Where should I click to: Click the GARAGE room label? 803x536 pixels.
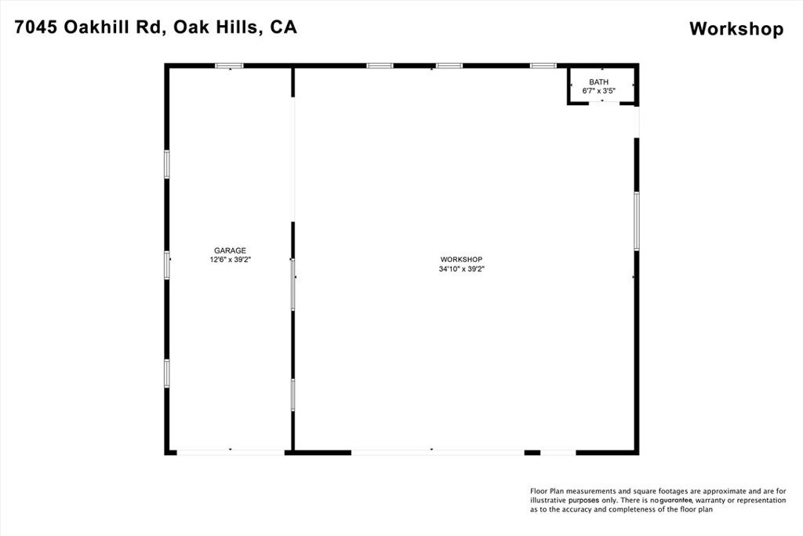(x=230, y=250)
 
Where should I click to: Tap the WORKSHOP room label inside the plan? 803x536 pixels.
(x=461, y=259)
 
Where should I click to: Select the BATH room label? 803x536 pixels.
(x=598, y=82)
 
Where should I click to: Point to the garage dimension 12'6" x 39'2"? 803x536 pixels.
(x=230, y=260)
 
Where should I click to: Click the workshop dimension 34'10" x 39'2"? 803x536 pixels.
(x=461, y=268)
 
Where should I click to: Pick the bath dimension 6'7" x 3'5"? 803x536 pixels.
(x=598, y=91)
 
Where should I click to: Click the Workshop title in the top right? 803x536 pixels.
(x=736, y=29)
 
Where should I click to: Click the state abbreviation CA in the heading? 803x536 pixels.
(x=283, y=27)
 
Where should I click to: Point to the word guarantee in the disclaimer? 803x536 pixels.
(x=675, y=500)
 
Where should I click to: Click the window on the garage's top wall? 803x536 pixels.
(x=229, y=66)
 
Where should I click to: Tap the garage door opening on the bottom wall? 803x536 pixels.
(x=230, y=452)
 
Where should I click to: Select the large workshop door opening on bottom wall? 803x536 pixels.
(x=437, y=452)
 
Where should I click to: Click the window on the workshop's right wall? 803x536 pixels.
(x=636, y=221)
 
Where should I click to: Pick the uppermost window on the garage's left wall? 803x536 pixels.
(x=167, y=164)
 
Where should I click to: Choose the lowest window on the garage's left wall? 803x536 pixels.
(x=167, y=373)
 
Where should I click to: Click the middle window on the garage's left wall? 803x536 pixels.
(x=167, y=264)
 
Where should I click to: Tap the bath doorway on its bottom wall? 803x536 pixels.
(x=603, y=103)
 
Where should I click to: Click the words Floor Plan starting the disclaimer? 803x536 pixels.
(x=548, y=490)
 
